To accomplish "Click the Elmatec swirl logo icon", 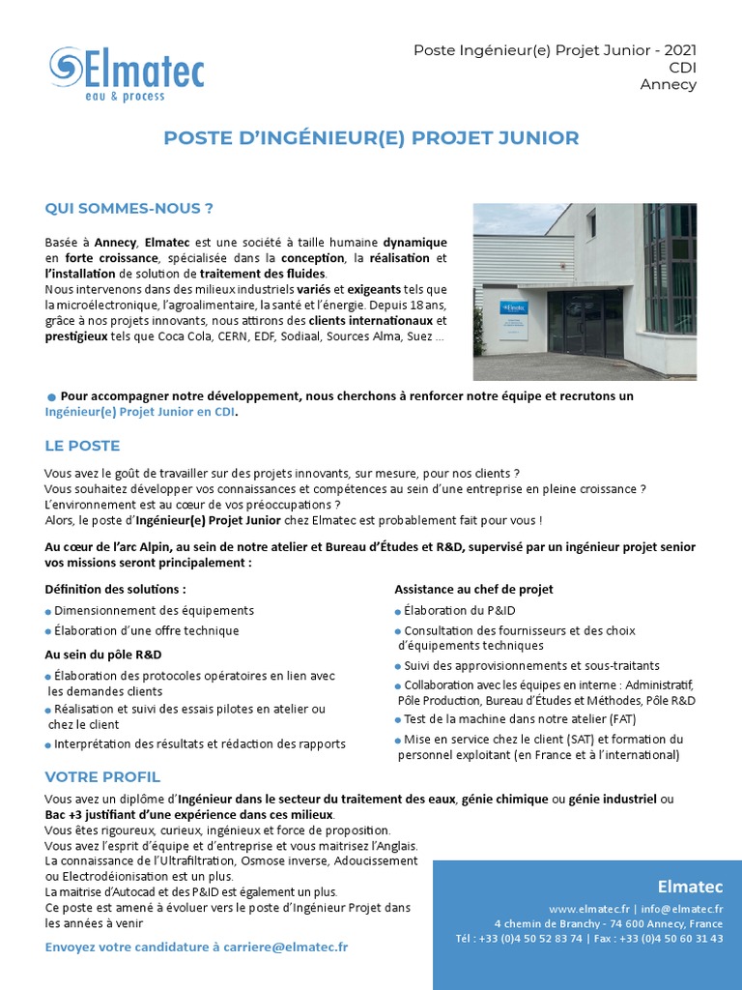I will point(67,68).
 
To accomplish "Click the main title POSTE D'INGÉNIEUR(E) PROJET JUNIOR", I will point(371,138).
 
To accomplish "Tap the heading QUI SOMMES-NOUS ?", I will point(128,208).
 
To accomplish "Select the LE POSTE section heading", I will point(82,446).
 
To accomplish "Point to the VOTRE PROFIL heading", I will point(102,777).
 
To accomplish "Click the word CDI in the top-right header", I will point(682,67).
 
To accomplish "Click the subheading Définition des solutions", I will point(116,589).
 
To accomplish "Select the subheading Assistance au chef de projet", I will point(473,589).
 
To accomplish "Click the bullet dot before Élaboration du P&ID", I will point(398,612).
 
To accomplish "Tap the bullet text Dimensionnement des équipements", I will point(154,611).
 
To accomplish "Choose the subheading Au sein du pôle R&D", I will point(103,655).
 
